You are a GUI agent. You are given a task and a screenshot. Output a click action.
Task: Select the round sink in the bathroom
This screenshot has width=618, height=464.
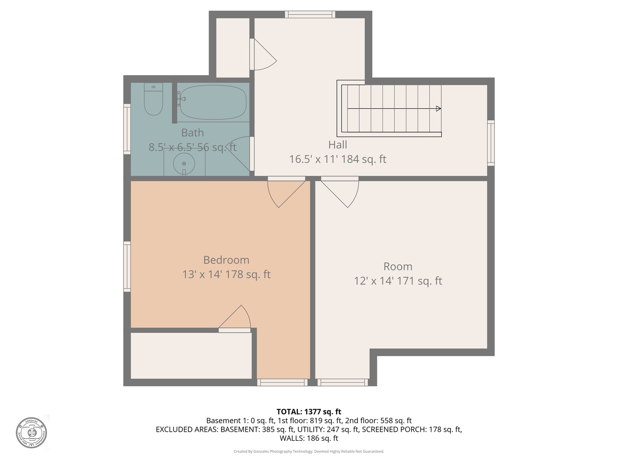(x=184, y=164)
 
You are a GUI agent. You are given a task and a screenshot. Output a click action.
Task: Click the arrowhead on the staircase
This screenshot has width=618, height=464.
(x=438, y=109)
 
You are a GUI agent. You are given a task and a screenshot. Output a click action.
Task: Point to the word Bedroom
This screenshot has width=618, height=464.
(x=226, y=260)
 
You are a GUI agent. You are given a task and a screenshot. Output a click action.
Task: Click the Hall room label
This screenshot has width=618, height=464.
(x=338, y=145)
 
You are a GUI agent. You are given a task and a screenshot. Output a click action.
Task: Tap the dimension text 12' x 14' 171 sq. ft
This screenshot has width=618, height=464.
(x=398, y=281)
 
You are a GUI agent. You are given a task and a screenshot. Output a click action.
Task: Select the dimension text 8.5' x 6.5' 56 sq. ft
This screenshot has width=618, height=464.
(x=192, y=147)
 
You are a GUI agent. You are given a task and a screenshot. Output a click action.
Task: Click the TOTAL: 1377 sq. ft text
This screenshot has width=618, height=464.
(x=309, y=412)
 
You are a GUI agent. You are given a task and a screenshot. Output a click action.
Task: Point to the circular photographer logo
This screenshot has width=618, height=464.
(x=31, y=432)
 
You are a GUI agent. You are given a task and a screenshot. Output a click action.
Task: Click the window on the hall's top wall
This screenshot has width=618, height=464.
(x=310, y=15)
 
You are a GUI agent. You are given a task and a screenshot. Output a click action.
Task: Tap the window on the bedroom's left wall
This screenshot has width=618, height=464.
(x=127, y=266)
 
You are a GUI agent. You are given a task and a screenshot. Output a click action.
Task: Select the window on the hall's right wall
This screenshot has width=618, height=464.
(x=491, y=143)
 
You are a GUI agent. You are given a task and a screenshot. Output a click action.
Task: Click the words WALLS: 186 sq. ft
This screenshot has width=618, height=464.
(x=309, y=439)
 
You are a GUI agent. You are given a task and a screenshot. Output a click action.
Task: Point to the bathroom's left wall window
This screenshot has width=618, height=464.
(x=127, y=128)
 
